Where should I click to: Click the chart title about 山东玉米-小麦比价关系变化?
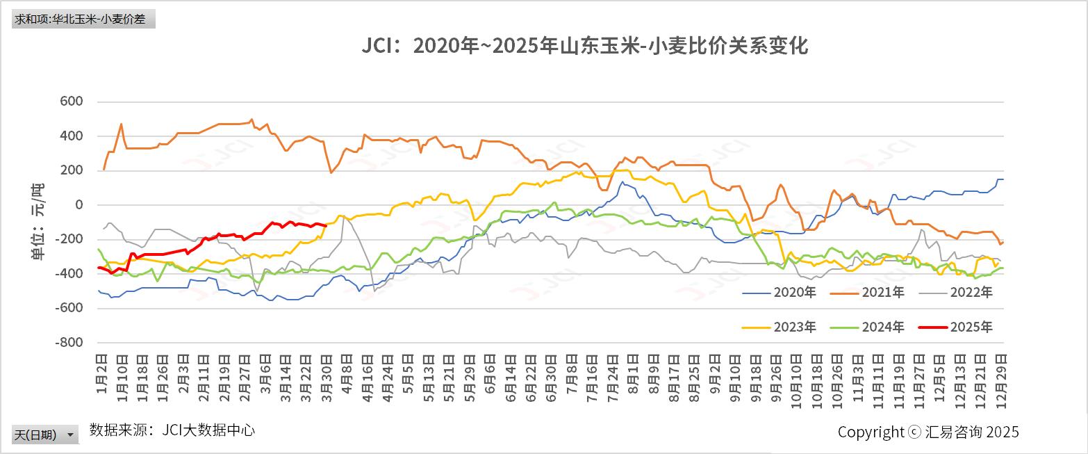pyautogui.click(x=584, y=47)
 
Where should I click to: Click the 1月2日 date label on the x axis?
pyautogui.click(x=101, y=372)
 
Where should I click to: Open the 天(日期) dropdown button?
pyautogui.click(x=45, y=435)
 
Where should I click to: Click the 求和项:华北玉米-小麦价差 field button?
pyautogui.click(x=83, y=19)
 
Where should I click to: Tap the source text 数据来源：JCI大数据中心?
pyautogui.click(x=172, y=430)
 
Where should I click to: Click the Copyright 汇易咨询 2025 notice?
pyautogui.click(x=928, y=432)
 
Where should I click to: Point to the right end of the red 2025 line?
pyautogui.click(x=325, y=225)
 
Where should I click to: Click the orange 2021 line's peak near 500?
pyautogui.click(x=252, y=119)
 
